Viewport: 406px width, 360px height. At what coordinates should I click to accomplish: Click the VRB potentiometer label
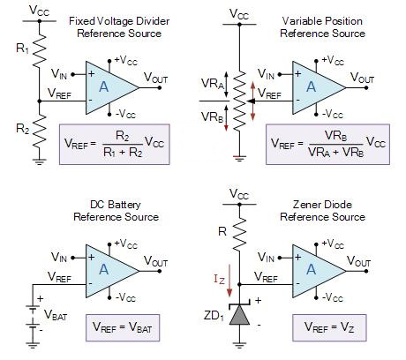(213, 117)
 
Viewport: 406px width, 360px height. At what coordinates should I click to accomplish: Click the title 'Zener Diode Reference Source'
(323, 210)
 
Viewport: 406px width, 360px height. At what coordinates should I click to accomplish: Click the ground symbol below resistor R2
(38, 161)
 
